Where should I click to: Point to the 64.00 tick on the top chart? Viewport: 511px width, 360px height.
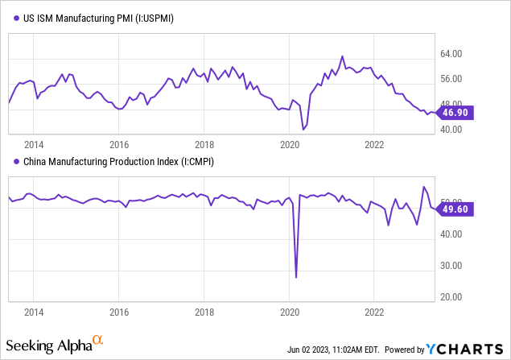click(453, 55)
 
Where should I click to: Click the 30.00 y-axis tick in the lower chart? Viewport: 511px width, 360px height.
click(453, 266)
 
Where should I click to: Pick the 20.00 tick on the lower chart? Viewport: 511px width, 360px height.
click(453, 296)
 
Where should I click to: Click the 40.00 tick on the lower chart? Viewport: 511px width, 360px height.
click(453, 234)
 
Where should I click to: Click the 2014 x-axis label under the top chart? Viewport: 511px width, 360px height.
click(34, 145)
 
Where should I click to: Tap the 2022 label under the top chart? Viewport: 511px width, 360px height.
click(374, 145)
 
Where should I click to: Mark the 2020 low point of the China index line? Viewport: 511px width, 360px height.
click(296, 277)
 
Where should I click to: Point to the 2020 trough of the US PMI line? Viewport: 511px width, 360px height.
click(303, 129)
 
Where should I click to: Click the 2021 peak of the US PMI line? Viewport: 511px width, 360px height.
click(342, 56)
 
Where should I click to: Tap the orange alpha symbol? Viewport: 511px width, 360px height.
click(98, 341)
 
